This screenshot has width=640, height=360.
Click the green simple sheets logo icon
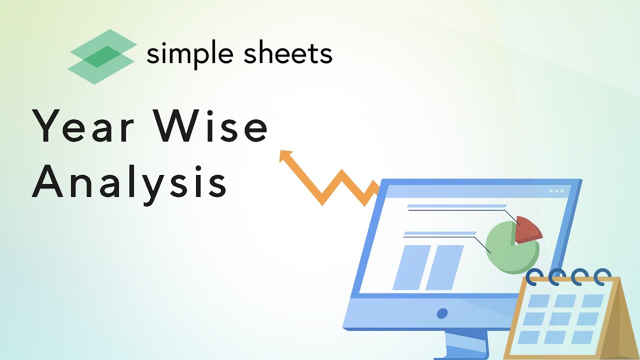[x=101, y=56]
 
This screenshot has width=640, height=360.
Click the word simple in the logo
[x=189, y=54]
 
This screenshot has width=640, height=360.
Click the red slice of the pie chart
[x=527, y=229]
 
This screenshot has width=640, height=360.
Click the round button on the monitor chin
[x=442, y=313]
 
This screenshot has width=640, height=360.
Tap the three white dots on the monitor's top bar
[x=556, y=191]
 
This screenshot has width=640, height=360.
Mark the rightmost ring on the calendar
[x=602, y=275]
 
